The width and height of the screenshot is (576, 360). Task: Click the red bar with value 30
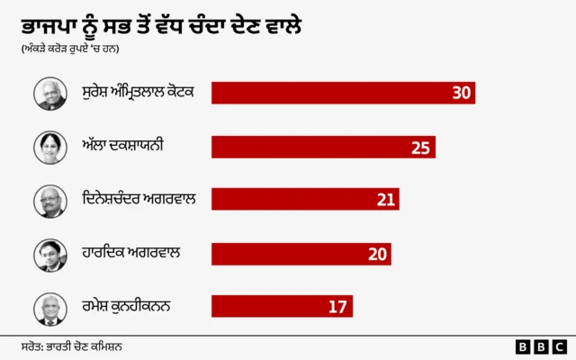click(342, 93)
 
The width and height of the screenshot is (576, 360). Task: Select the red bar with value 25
click(322, 147)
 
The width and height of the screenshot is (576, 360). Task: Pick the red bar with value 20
click(301, 254)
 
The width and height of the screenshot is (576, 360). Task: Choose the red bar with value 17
click(281, 307)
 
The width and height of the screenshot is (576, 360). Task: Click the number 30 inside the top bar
click(462, 93)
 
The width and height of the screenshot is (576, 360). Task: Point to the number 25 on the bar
click(420, 147)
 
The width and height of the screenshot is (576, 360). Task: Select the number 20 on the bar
click(377, 254)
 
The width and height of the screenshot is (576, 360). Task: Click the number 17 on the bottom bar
click(337, 307)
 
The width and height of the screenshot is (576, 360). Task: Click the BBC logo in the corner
click(540, 346)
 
